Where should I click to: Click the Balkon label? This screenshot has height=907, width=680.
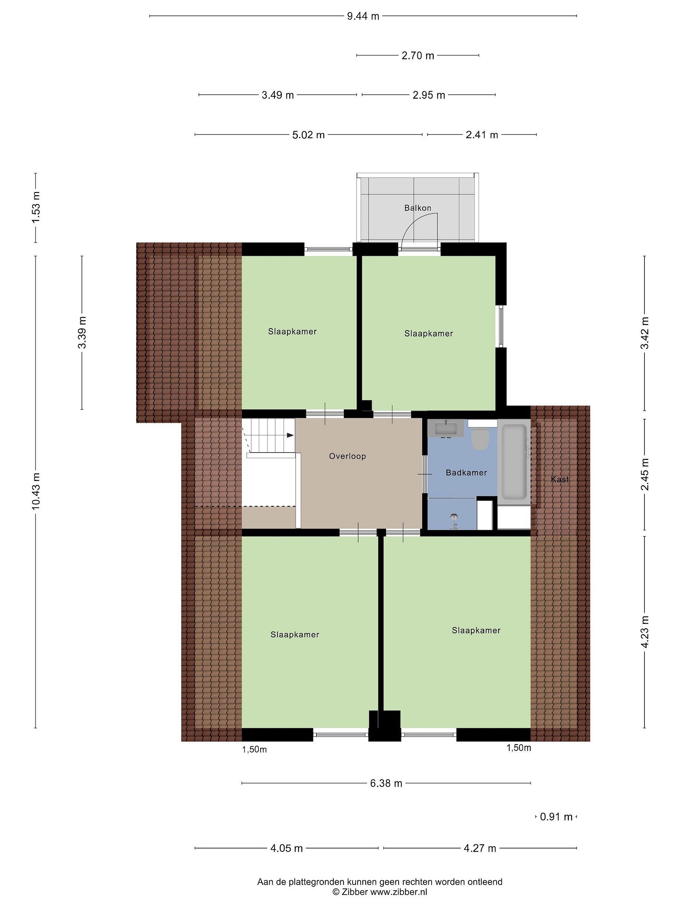(x=418, y=208)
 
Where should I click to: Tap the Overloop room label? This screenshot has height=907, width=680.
(x=347, y=456)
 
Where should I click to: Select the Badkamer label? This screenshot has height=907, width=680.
(x=466, y=473)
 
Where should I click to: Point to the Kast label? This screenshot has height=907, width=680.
(x=560, y=479)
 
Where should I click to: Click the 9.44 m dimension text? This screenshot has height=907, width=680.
(x=363, y=16)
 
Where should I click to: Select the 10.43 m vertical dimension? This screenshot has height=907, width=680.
(x=36, y=491)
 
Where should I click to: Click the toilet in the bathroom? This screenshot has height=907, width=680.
(x=479, y=439)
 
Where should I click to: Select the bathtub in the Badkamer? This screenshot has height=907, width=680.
(x=514, y=462)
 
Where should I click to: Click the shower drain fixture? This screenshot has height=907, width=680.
(x=453, y=522)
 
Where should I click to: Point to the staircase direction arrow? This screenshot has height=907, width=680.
(x=290, y=435)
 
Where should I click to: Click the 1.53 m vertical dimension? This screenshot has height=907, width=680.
(x=36, y=208)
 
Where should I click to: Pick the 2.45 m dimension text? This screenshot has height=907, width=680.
(x=645, y=474)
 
